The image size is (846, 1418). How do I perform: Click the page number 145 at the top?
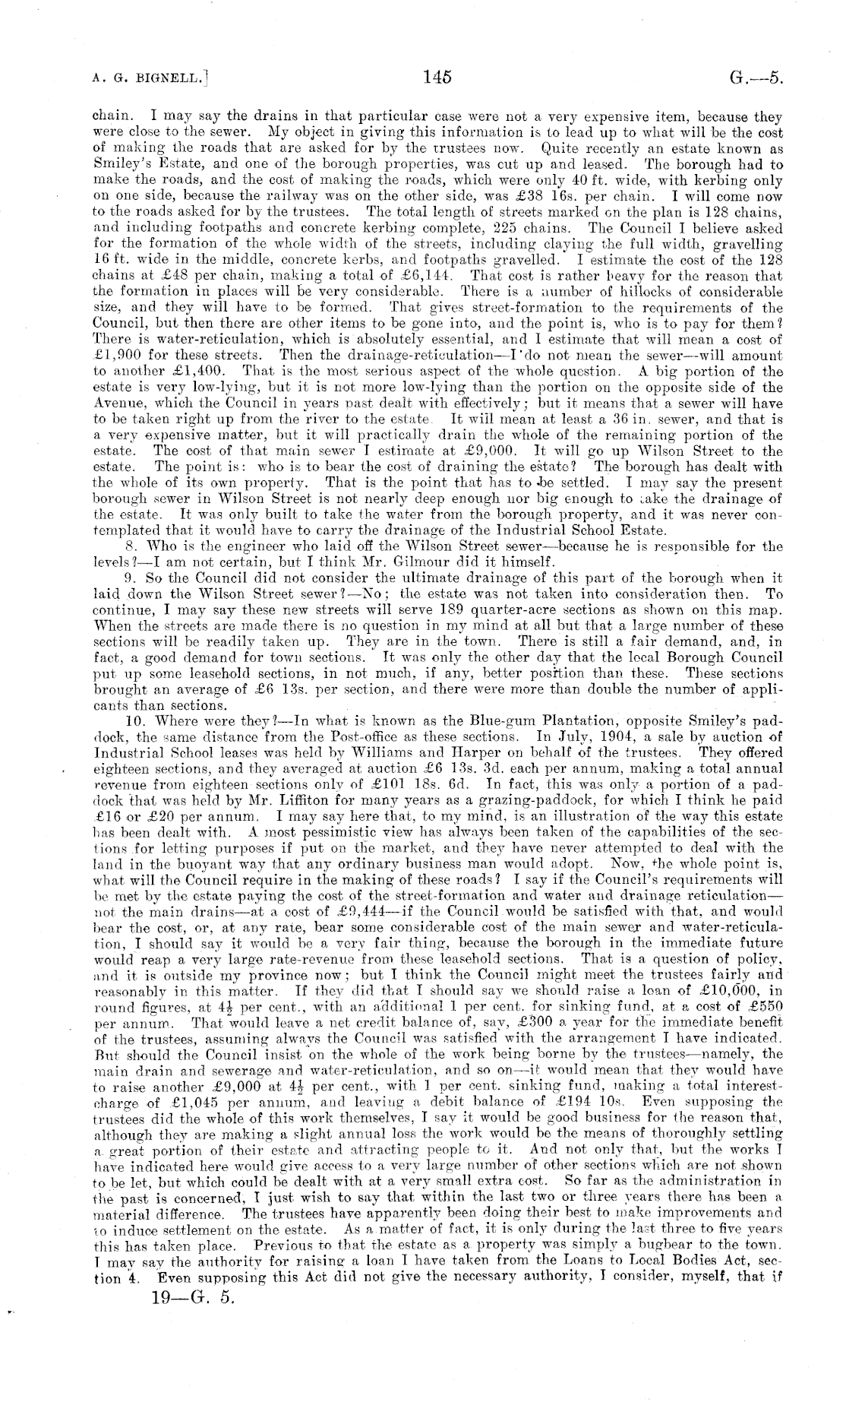[438, 77]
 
